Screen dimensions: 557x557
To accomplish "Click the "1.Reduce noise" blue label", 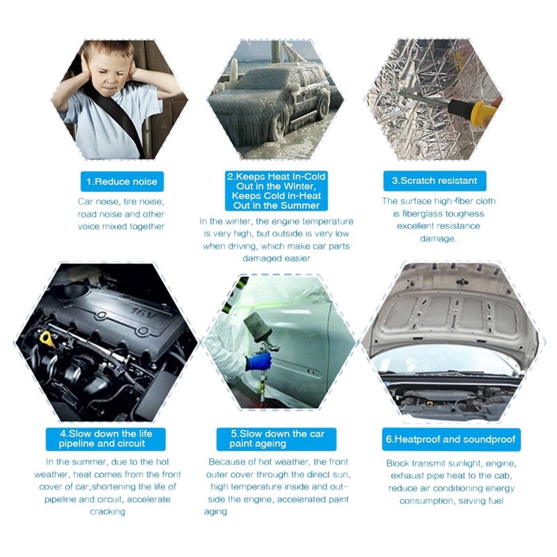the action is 122,182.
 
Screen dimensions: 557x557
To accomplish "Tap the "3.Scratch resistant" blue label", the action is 434,180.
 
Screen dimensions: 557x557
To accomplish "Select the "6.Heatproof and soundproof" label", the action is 450,439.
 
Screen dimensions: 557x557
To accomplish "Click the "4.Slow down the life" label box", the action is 106,439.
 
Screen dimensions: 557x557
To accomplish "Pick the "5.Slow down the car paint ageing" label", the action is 276,439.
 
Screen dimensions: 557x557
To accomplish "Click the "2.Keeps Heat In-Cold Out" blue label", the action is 276,191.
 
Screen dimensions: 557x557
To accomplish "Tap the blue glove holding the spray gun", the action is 258,363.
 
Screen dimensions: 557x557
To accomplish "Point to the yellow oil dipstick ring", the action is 46,338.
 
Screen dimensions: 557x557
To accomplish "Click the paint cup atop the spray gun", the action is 258,329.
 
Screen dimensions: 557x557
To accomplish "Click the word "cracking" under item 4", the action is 107,512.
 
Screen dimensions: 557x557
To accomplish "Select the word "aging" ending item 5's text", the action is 215,512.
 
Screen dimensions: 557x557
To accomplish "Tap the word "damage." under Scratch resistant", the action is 438,238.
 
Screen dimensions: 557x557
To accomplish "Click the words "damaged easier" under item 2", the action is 276,258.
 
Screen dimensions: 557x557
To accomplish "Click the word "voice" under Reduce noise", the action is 89,227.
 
